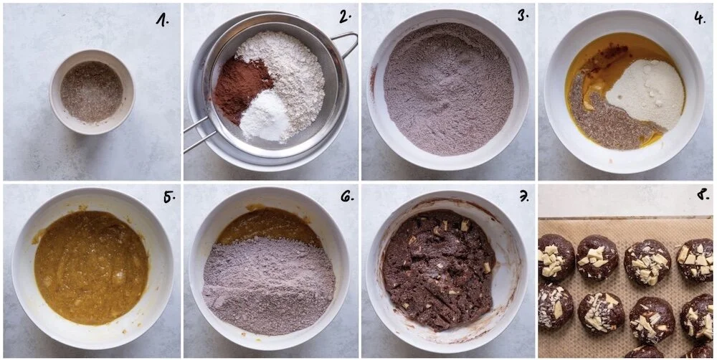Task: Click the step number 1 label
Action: click(x=163, y=19)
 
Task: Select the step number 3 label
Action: click(x=523, y=16)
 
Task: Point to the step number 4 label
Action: click(x=700, y=17)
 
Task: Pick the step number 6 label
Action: click(x=346, y=197)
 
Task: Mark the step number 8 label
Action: click(x=701, y=197)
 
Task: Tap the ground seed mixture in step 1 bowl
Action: click(x=92, y=92)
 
